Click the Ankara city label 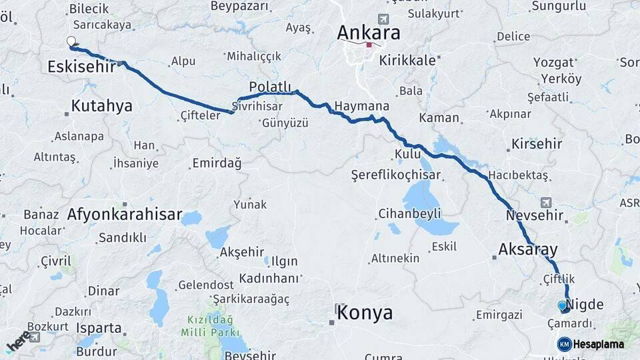369,33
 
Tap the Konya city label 365,312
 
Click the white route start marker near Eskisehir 71,42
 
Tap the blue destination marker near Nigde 563,306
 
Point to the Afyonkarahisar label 125,214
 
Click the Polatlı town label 270,87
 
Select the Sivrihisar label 253,106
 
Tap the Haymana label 361,106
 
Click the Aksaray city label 528,249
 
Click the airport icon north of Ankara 383,19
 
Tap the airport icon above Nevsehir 547,202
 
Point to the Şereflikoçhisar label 396,175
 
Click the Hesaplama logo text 598,344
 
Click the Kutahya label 101,105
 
